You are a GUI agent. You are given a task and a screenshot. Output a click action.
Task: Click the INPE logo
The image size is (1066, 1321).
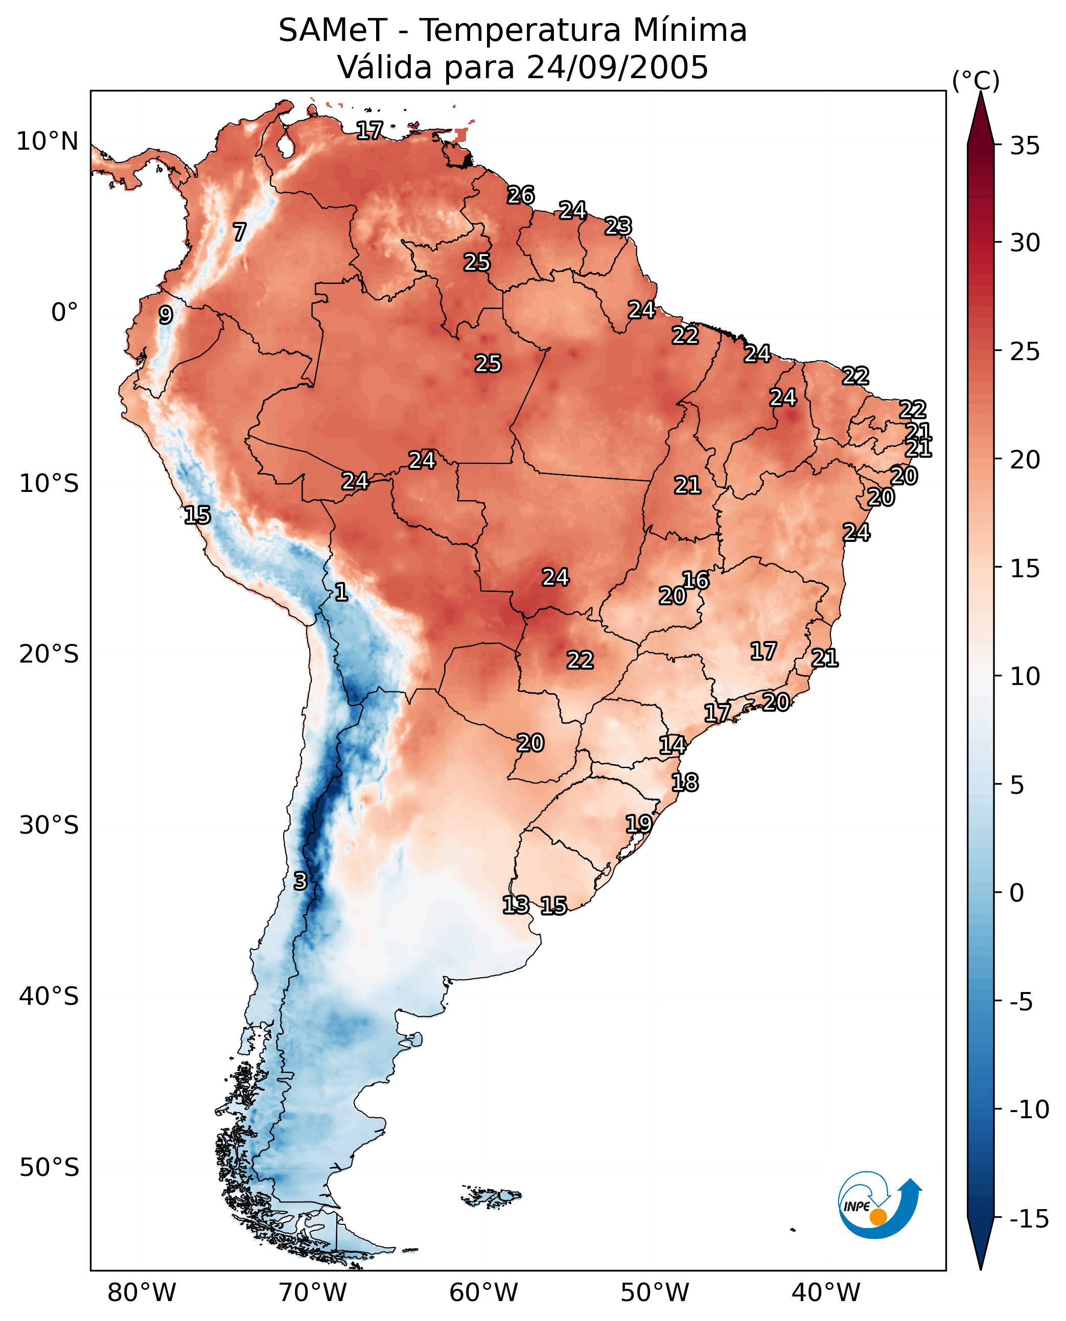pyautogui.click(x=879, y=1206)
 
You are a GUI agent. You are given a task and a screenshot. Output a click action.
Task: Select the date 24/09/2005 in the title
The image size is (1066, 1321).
pyautogui.click(x=617, y=67)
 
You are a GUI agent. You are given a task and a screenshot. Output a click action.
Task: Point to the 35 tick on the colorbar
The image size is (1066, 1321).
pyautogui.click(x=1025, y=146)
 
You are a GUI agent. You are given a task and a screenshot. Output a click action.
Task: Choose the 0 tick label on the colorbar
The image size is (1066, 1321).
pyautogui.click(x=1017, y=893)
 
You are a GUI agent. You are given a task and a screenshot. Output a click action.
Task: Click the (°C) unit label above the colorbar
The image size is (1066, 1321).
pyautogui.click(x=976, y=80)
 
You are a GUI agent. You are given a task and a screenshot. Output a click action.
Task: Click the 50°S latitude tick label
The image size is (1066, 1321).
pyautogui.click(x=49, y=1167)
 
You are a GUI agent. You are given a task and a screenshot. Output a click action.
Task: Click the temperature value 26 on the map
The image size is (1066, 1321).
pyautogui.click(x=521, y=195)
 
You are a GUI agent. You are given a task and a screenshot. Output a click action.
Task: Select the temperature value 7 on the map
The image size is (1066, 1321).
pyautogui.click(x=240, y=232)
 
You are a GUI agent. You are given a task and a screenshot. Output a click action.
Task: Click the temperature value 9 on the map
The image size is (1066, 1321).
pyautogui.click(x=165, y=315)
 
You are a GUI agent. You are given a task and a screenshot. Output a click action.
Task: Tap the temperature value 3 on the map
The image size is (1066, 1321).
pyautogui.click(x=299, y=881)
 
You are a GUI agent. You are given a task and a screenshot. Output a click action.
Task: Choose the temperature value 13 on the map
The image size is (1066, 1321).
pyautogui.click(x=516, y=904)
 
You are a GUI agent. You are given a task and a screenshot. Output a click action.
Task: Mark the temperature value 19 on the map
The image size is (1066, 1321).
pyautogui.click(x=639, y=823)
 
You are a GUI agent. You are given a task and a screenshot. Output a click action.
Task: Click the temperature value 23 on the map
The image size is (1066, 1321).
pyautogui.click(x=618, y=226)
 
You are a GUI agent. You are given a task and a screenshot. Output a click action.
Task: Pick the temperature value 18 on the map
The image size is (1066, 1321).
pyautogui.click(x=685, y=782)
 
